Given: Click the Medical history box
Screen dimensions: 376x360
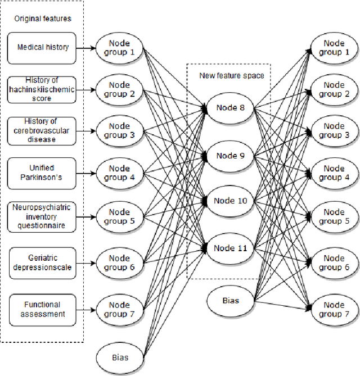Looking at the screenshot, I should point(42,47).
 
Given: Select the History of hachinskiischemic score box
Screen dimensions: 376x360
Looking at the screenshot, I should point(42,89).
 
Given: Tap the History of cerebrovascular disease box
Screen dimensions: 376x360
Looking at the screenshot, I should point(42,130).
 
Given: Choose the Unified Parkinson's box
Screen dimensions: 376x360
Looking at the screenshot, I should point(42,172).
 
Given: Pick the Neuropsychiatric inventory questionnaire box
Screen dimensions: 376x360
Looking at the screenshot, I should point(42,216).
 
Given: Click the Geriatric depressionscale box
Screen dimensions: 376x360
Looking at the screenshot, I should point(42,262).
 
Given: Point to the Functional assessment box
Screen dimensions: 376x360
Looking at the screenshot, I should point(42,309).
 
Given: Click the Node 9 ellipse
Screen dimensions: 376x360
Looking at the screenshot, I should point(230,156).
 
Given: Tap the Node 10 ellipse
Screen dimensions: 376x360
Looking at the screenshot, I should point(230,201).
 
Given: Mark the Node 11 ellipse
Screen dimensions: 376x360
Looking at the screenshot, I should point(230,248).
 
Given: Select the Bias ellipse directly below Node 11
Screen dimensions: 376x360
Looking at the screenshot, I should point(230,301).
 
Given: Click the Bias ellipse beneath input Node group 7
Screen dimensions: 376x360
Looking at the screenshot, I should point(119,357).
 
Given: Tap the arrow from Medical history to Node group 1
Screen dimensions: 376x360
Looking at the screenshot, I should point(85,48).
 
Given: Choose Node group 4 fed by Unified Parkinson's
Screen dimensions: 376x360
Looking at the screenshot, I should point(119,173).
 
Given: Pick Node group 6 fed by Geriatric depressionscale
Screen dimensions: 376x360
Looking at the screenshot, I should point(119,262).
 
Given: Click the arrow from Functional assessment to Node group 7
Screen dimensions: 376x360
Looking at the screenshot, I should point(85,309).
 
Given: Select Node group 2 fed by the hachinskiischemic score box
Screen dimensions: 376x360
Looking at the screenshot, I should point(119,89).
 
